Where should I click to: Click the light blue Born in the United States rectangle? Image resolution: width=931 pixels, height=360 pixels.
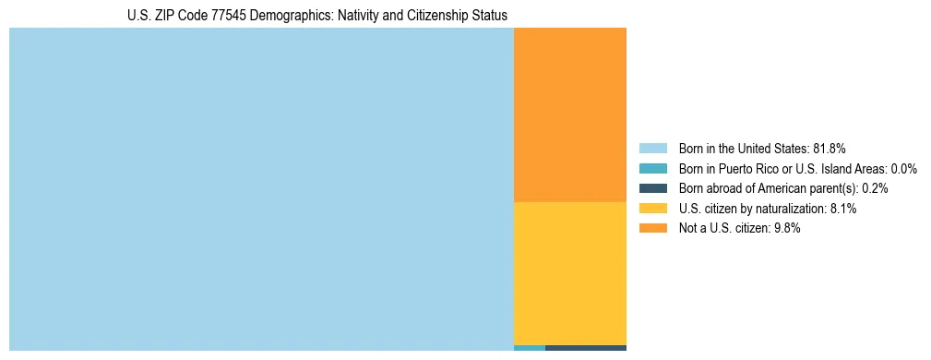click(x=261, y=189)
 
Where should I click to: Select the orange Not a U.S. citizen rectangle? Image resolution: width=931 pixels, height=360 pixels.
click(x=569, y=114)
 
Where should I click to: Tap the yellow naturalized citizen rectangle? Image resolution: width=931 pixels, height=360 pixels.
click(x=569, y=272)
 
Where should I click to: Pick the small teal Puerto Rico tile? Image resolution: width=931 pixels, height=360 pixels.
click(x=529, y=348)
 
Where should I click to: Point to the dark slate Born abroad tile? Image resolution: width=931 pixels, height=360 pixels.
click(x=586, y=348)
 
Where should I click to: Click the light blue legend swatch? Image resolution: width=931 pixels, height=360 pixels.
click(x=652, y=148)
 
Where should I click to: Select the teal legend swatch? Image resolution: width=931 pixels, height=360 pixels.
click(x=652, y=168)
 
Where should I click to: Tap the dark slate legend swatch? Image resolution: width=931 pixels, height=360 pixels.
click(x=652, y=188)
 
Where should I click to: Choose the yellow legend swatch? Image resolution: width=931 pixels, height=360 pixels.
click(x=652, y=209)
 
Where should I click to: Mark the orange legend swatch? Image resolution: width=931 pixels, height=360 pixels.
click(x=652, y=229)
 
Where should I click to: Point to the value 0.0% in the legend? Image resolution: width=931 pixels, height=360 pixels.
click(x=903, y=168)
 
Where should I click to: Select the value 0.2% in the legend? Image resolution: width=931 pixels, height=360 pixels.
click(x=875, y=188)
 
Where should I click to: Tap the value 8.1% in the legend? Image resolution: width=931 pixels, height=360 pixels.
click(x=843, y=209)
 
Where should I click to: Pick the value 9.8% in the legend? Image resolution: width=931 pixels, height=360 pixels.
click(x=785, y=229)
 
